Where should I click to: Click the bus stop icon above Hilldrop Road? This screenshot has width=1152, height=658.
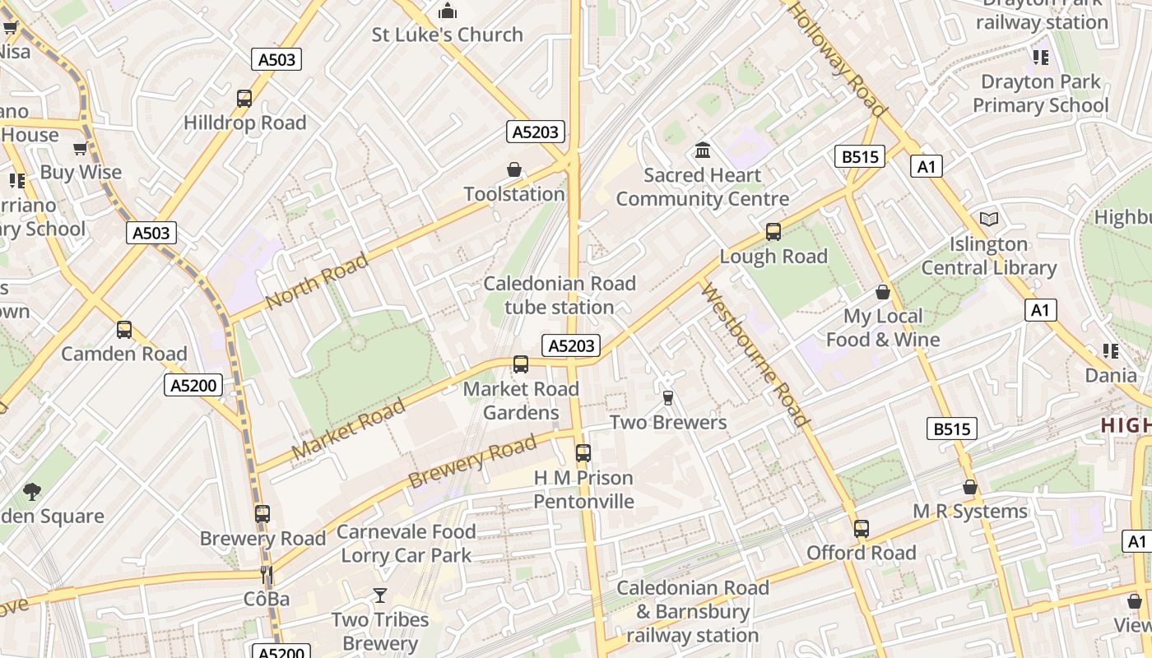(x=244, y=99)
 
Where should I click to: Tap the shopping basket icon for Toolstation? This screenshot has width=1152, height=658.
(x=514, y=169)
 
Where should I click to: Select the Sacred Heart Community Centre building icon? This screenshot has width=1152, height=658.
(x=703, y=151)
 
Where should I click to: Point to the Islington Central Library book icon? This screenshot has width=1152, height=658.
(x=988, y=220)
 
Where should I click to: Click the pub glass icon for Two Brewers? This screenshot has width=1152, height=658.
(x=668, y=398)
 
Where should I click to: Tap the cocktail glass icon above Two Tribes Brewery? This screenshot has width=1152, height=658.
(x=380, y=595)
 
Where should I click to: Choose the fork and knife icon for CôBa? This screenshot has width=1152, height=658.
(x=266, y=574)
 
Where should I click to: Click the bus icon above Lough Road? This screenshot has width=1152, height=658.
(x=773, y=232)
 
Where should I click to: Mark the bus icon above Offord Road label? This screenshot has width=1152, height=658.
(x=862, y=529)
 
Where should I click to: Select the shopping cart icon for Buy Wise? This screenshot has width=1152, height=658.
(x=81, y=149)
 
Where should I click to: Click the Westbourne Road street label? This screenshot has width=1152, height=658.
(x=755, y=354)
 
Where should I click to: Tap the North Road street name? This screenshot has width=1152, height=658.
(x=317, y=281)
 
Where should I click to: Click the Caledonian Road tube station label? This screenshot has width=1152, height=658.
(x=560, y=295)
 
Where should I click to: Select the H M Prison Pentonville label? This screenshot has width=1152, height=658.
(x=583, y=489)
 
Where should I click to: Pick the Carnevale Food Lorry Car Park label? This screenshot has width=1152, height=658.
(x=406, y=544)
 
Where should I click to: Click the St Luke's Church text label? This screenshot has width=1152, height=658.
(x=447, y=35)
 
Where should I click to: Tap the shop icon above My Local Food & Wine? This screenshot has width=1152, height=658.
(x=883, y=292)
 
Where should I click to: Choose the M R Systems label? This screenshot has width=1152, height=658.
(x=970, y=512)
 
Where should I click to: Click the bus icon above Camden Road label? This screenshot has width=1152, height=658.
(x=124, y=330)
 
